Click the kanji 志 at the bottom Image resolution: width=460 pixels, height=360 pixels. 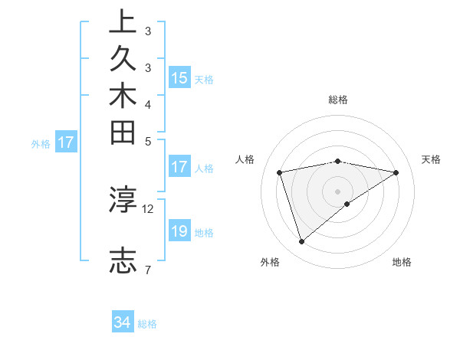pyautogui.click(x=123, y=261)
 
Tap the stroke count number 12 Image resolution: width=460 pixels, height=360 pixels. pyautogui.click(x=148, y=208)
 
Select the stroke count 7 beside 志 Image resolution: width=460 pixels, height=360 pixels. pyautogui.click(x=147, y=269)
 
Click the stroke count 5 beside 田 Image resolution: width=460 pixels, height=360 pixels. pyautogui.click(x=147, y=141)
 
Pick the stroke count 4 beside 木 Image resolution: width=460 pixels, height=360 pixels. pyautogui.click(x=147, y=103)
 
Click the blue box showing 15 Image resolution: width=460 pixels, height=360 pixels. pyautogui.click(x=179, y=77)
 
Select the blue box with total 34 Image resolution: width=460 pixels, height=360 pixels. pyautogui.click(x=123, y=322)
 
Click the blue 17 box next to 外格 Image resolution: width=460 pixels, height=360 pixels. pyautogui.click(x=67, y=142)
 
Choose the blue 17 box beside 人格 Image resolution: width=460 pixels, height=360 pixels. pyautogui.click(x=179, y=167)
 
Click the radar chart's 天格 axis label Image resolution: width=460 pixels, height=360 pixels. pyautogui.click(x=431, y=159)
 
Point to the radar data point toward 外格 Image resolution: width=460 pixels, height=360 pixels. pyautogui.click(x=301, y=241)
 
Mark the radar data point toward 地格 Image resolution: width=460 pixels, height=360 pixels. pyautogui.click(x=347, y=204)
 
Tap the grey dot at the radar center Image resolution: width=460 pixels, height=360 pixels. pyautogui.click(x=337, y=191)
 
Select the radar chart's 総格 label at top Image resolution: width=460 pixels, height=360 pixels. pyautogui.click(x=337, y=100)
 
